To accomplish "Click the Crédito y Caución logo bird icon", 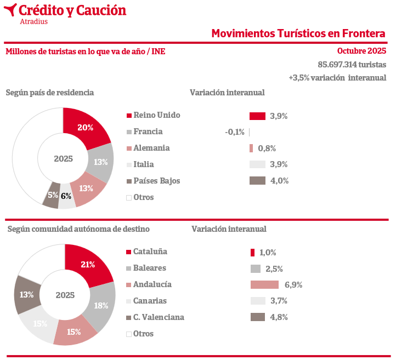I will click(10, 10).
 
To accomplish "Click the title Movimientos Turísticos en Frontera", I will click(298, 33).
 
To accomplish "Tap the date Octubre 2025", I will click(361, 51).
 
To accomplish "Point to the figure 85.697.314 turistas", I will click(352, 64).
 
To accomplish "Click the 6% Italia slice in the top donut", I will click(66, 199).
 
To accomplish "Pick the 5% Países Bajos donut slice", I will click(52, 197).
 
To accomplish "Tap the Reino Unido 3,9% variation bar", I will click(257, 116).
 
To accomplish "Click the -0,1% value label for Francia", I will click(235, 132).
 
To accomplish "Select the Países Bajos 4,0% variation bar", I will click(257, 181).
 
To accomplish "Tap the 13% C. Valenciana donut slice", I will click(26, 294).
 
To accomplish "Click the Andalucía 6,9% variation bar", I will click(264, 284).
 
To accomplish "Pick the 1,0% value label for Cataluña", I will click(268, 253).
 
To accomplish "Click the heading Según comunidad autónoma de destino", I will click(78, 229).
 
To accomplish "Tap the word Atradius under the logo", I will click(33, 21).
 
